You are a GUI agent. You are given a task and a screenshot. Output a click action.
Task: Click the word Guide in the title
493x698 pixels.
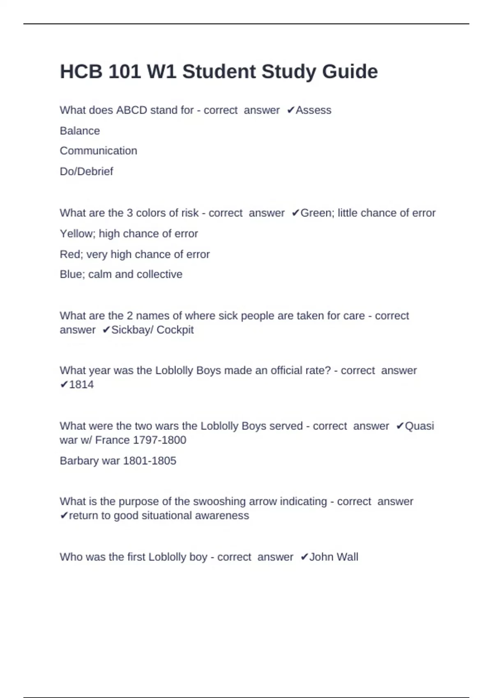click(350, 72)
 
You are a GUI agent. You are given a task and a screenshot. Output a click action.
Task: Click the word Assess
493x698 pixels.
click(313, 110)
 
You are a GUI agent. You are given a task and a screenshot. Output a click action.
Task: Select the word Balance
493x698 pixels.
click(80, 131)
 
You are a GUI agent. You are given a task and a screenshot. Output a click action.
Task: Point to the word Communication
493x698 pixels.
click(98, 151)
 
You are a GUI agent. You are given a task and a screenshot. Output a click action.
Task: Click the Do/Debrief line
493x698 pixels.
click(86, 171)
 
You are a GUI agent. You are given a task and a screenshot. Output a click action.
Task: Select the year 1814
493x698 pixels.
click(81, 385)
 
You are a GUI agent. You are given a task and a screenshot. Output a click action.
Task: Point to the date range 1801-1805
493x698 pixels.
click(150, 461)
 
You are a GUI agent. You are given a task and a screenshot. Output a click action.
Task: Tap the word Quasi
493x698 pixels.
click(419, 426)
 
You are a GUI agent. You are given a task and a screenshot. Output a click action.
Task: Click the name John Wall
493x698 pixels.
click(334, 557)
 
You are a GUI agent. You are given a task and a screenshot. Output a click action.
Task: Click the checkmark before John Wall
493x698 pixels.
click(304, 557)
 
